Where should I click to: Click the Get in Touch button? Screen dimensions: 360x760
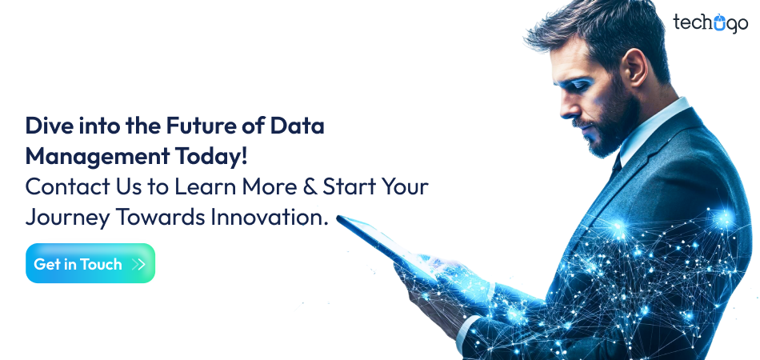click(90, 264)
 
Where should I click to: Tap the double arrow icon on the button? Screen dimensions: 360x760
click(138, 264)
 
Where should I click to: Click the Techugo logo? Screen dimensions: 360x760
click(710, 23)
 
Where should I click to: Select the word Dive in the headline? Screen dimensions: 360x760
click(46, 126)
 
